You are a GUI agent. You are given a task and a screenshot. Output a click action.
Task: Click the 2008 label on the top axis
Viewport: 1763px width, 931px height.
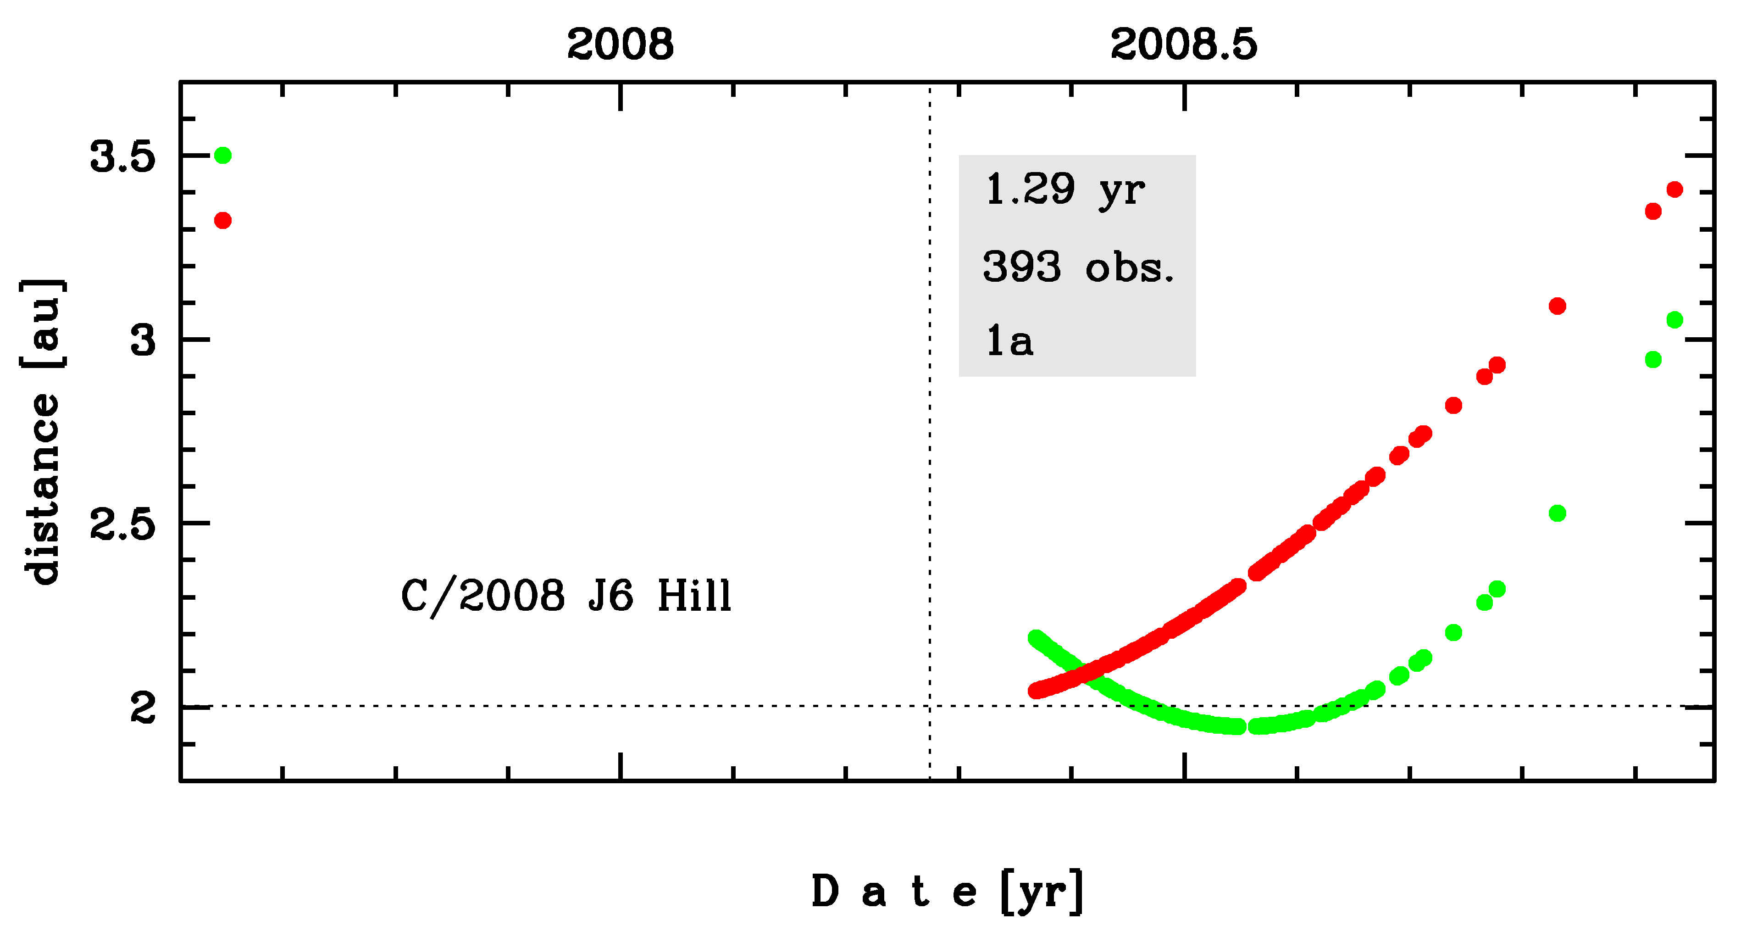coord(620,45)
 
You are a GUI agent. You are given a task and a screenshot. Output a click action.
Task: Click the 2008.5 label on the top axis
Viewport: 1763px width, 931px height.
coord(1183,45)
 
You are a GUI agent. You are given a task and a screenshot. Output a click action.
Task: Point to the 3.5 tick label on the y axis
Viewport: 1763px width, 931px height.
coord(122,157)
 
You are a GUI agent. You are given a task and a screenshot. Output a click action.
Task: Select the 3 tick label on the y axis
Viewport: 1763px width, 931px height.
coord(143,340)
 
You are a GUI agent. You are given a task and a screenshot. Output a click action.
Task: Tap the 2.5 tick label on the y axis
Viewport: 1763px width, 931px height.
coord(122,524)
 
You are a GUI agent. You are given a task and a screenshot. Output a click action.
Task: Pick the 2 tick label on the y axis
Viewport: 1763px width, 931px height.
coord(143,708)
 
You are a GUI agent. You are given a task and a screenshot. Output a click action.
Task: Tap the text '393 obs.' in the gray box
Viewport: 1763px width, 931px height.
coord(1078,267)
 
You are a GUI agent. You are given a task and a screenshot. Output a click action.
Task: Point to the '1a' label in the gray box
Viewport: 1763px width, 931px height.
coord(1009,341)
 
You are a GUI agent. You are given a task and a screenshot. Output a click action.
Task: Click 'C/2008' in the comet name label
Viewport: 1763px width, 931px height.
coord(482,596)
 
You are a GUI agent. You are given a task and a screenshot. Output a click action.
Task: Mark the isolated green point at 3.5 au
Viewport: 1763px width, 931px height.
coord(222,156)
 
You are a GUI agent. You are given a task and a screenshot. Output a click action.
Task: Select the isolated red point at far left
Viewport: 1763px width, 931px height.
coord(222,220)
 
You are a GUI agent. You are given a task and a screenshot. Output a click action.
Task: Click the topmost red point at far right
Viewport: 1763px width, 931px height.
coord(1675,190)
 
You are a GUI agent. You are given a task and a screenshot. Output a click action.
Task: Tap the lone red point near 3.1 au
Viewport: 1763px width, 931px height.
coord(1557,306)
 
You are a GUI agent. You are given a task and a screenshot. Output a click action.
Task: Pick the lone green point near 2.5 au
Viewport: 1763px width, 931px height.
coord(1557,513)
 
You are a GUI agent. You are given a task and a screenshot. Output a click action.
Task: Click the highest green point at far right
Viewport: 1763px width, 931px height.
coord(1675,320)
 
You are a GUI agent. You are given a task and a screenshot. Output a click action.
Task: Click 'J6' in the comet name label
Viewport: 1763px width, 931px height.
coord(610,596)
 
